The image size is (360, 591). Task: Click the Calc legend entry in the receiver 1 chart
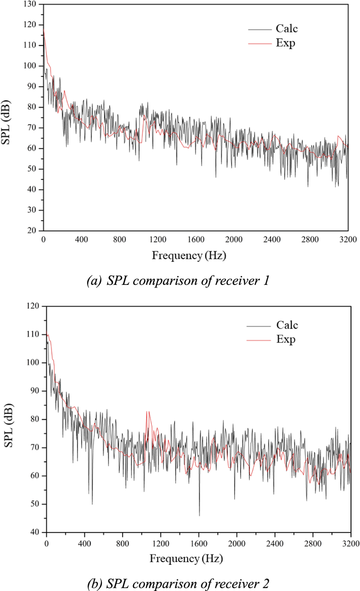point(286,29)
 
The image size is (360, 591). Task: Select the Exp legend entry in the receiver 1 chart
point(285,43)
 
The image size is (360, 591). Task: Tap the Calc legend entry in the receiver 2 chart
point(287,325)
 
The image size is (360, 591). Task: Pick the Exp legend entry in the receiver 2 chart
point(286,340)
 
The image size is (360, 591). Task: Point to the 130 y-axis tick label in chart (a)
point(30,4)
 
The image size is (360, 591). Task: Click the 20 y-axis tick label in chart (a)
point(32,230)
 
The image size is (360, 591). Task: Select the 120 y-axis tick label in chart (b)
point(33,306)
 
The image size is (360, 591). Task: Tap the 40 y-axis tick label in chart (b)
point(34,532)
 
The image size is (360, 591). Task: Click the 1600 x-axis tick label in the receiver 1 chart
point(196,239)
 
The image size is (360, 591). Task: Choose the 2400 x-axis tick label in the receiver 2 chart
point(275,544)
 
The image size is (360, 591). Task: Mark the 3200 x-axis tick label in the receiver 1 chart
point(348,239)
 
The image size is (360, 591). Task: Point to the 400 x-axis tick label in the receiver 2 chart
point(84,544)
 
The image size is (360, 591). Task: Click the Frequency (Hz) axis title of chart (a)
point(189,256)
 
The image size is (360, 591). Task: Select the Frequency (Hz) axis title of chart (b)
point(186,559)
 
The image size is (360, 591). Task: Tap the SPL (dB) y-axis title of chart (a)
point(6,123)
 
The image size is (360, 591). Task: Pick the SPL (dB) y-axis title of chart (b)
point(8,426)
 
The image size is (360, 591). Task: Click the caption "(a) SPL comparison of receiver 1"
point(178,281)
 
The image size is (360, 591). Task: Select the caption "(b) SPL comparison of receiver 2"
point(178,584)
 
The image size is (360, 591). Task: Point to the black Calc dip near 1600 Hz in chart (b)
point(199,515)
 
